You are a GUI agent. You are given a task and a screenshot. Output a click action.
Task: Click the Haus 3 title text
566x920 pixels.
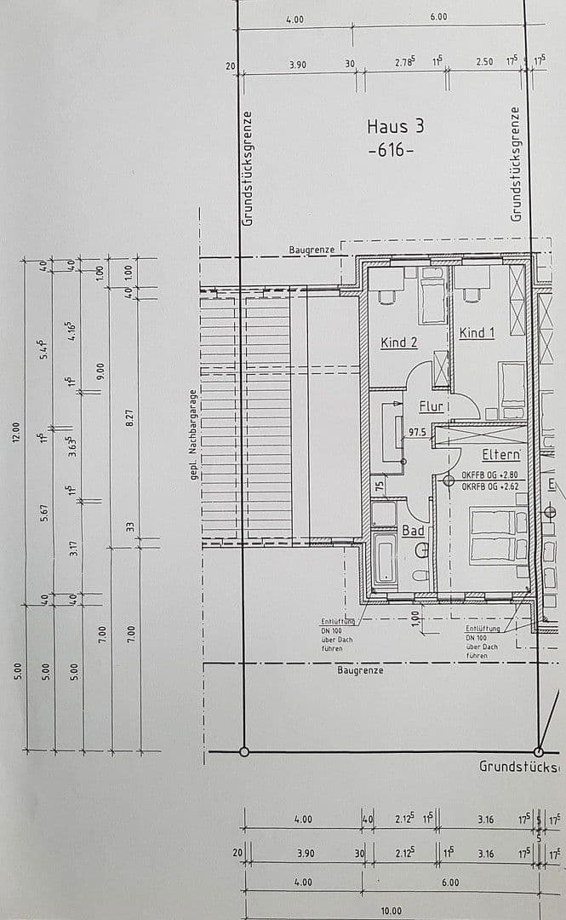click(395, 126)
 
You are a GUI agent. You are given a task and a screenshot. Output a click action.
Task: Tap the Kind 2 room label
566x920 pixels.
click(398, 342)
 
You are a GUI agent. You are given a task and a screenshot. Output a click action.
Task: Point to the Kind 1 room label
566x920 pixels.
click(477, 333)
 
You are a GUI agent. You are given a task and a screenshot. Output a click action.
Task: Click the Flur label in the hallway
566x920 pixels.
click(431, 407)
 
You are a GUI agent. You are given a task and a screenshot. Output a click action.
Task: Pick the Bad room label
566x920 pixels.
click(413, 530)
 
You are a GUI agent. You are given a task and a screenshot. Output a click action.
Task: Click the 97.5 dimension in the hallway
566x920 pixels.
click(417, 433)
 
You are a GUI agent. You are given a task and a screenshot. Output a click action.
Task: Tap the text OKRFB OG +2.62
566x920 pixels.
click(489, 486)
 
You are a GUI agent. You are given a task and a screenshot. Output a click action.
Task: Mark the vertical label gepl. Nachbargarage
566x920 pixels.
click(194, 434)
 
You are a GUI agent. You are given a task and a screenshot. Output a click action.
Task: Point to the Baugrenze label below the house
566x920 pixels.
click(360, 670)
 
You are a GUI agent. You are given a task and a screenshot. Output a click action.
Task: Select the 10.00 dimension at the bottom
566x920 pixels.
click(391, 911)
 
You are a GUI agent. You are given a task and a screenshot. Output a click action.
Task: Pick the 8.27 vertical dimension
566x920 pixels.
click(129, 417)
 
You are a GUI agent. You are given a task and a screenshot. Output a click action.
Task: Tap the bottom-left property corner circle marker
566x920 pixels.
click(244, 751)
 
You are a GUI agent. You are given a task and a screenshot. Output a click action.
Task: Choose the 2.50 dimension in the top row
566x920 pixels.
click(483, 62)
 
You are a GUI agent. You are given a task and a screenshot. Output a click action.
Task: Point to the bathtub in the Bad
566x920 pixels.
click(384, 561)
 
